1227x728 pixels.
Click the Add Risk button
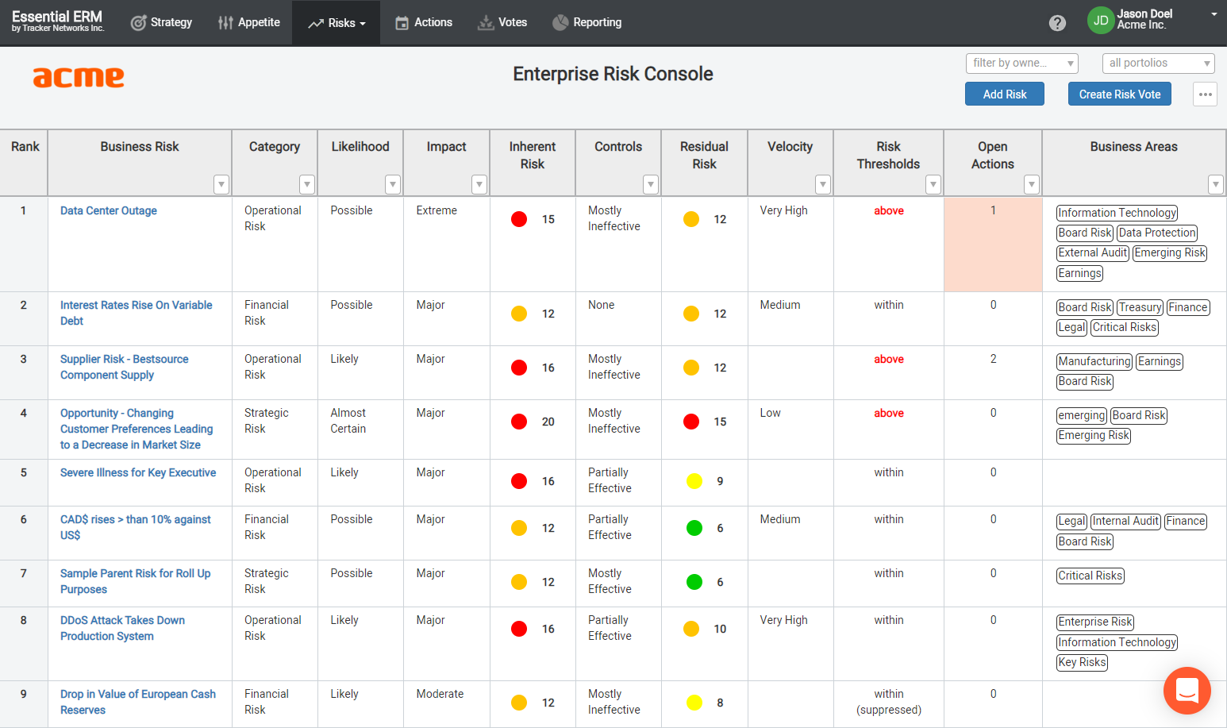click(x=1004, y=94)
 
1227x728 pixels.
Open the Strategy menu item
click(x=161, y=22)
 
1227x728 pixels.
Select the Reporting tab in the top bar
click(x=587, y=22)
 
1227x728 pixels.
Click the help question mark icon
click(x=1057, y=23)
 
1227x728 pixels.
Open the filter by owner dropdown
click(x=1021, y=63)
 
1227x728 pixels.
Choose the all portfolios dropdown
click(x=1158, y=63)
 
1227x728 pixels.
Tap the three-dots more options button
click(x=1205, y=94)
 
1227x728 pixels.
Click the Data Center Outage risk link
click(x=109, y=210)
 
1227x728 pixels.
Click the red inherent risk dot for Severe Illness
click(x=519, y=481)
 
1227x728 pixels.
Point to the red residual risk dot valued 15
click(x=691, y=422)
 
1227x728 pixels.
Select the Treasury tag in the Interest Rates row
click(x=1140, y=307)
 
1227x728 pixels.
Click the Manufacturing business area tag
click(x=1094, y=361)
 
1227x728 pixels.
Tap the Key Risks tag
click(x=1082, y=662)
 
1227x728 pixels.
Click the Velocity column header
click(x=790, y=147)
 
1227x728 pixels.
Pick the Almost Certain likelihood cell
click(x=348, y=421)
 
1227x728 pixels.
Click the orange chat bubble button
click(x=1187, y=690)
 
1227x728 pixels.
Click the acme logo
click(x=79, y=77)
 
